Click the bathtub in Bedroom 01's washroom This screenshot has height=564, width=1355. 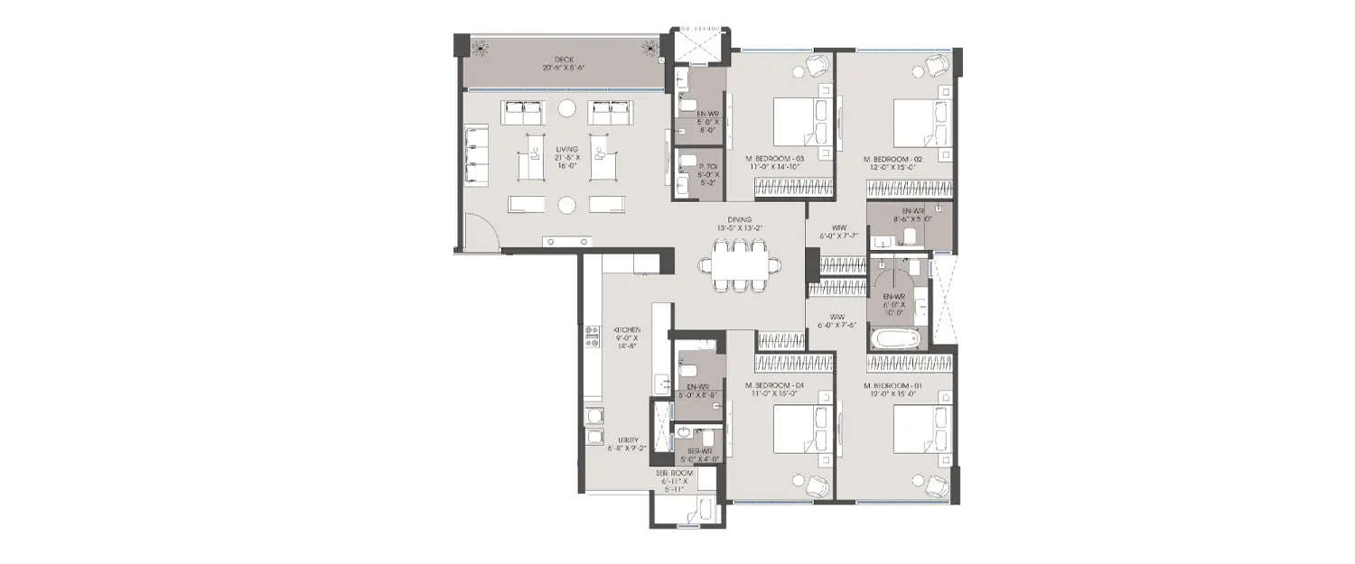click(894, 340)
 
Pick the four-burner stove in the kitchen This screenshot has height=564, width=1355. click(593, 337)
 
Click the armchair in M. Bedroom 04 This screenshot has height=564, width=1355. click(816, 485)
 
